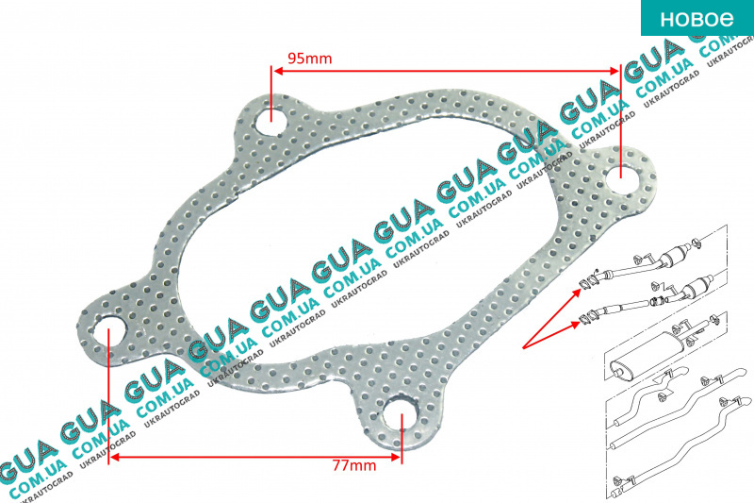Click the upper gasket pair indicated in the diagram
[x=588, y=281]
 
